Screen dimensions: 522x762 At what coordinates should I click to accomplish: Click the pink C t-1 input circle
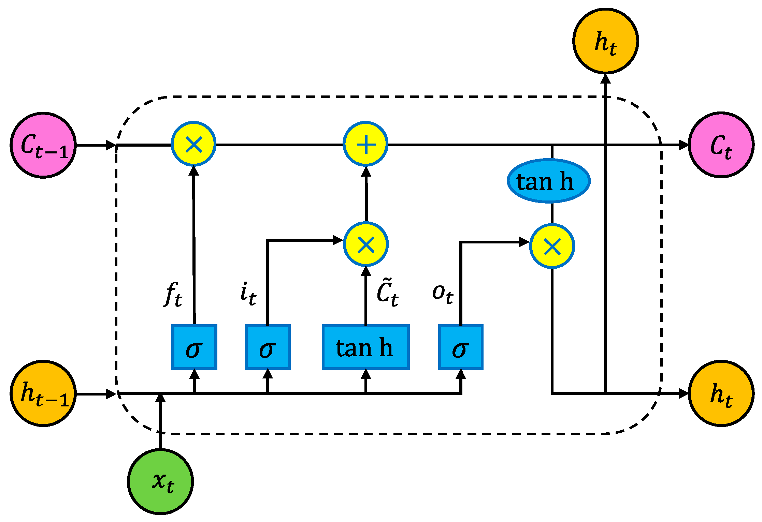[43, 145]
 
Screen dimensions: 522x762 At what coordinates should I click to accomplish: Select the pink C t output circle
[721, 145]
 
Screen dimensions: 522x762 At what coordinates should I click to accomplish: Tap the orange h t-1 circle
[43, 393]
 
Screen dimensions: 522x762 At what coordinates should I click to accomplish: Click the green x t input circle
[160, 481]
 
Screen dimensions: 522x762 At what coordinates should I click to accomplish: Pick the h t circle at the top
[605, 41]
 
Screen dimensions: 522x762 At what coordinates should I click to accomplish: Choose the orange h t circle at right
[721, 393]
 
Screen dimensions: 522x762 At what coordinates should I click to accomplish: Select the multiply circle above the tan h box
[366, 244]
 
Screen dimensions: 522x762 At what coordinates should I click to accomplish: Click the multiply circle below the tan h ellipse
[552, 246]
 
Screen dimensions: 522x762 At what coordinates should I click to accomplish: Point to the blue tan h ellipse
[548, 181]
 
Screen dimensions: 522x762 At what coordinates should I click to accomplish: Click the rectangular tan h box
[365, 347]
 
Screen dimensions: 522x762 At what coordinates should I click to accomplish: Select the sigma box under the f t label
[194, 347]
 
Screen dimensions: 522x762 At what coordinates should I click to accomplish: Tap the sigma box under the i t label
[268, 347]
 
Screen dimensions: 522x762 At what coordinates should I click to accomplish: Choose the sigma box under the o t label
[461, 347]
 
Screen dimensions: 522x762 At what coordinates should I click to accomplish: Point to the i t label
[248, 294]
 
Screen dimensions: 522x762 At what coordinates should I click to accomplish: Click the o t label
[443, 293]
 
